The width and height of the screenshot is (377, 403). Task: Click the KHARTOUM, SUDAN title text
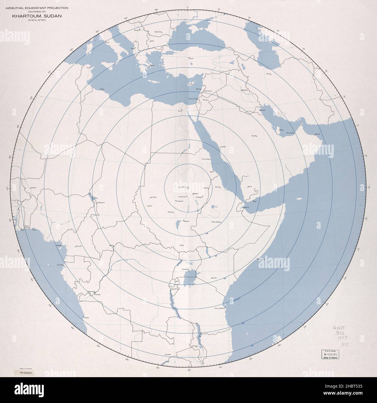[37, 16]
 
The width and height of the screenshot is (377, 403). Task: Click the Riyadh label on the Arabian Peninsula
[254, 136]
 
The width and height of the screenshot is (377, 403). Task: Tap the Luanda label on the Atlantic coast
[86, 318]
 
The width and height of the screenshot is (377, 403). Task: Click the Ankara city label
[191, 59]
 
